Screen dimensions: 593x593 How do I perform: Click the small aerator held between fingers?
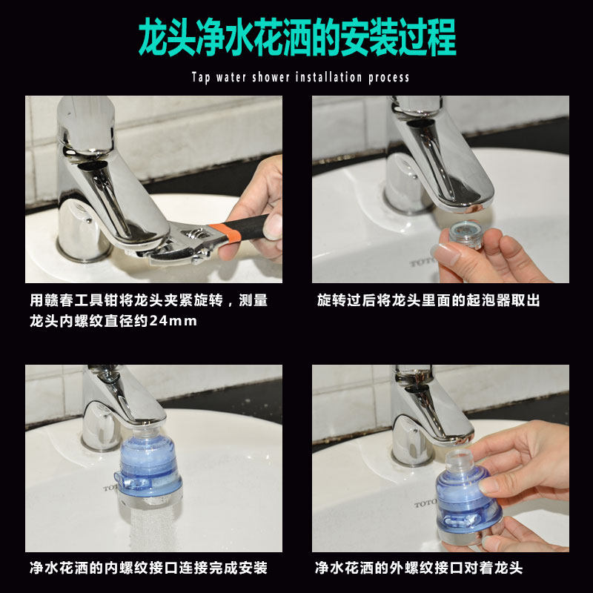click(466, 234)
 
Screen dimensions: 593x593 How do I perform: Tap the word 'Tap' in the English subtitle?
click(200, 78)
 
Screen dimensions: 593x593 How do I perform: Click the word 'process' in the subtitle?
click(388, 78)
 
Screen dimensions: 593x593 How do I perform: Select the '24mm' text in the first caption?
click(173, 321)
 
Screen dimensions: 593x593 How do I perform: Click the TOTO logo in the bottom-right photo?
click(425, 503)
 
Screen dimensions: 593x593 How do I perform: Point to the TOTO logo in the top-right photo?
click(420, 262)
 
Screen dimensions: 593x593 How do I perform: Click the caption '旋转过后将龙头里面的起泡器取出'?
click(428, 300)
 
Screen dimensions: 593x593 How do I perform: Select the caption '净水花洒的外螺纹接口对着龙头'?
click(419, 568)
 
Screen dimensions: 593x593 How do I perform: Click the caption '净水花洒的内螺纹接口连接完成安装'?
click(149, 568)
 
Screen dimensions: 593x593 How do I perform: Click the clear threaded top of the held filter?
click(458, 460)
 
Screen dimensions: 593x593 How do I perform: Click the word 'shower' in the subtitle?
click(271, 77)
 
